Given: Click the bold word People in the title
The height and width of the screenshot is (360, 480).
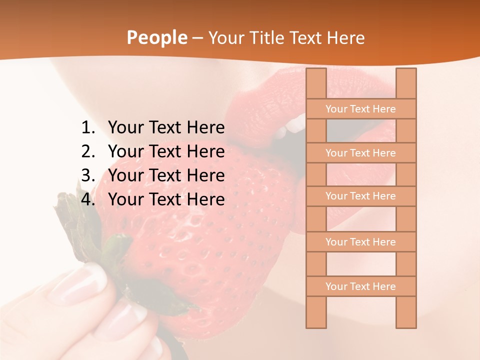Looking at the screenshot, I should click(x=156, y=37).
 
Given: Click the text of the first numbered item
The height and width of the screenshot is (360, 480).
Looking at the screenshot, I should click(x=166, y=128).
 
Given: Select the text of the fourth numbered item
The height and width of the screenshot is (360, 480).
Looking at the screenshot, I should click(x=166, y=199).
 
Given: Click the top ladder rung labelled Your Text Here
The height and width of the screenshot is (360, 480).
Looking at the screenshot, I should click(x=360, y=109).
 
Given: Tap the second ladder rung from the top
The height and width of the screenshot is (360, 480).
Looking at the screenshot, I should click(x=360, y=153).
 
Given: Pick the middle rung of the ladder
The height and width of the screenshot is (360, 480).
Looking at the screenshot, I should click(x=360, y=196).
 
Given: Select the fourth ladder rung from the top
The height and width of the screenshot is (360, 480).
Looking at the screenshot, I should click(x=360, y=242).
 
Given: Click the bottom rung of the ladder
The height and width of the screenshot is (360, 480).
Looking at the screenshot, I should click(x=360, y=286).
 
